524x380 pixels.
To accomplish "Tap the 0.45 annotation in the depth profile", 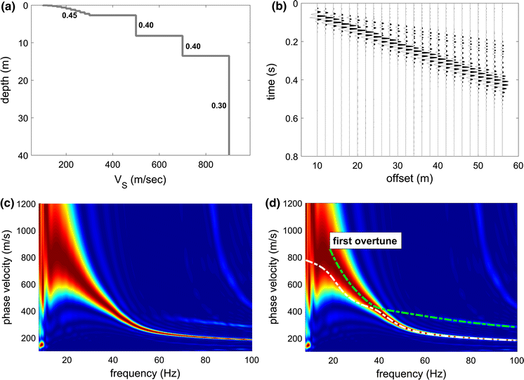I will tap(70, 15).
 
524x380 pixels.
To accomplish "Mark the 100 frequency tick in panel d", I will tap(516, 361).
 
